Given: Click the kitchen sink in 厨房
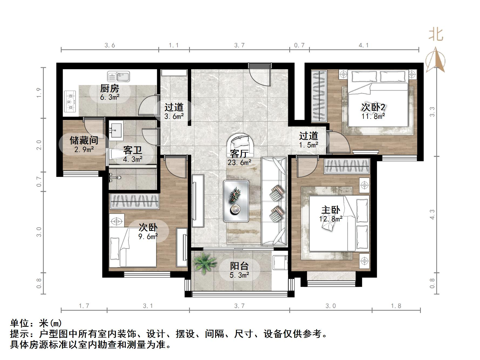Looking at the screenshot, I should click(119, 76).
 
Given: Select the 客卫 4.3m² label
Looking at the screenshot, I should click(133, 154).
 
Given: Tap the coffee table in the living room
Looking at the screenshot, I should click(236, 201).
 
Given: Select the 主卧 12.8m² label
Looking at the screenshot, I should click(331, 214).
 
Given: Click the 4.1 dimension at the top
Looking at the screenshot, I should click(364, 45).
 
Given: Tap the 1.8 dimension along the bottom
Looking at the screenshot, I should click(396, 306).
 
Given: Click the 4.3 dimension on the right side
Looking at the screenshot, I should click(432, 214).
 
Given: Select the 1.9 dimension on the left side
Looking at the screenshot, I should click(39, 93).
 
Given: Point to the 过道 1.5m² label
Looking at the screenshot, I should click(308, 140).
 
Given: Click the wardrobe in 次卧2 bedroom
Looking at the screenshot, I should click(319, 96).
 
